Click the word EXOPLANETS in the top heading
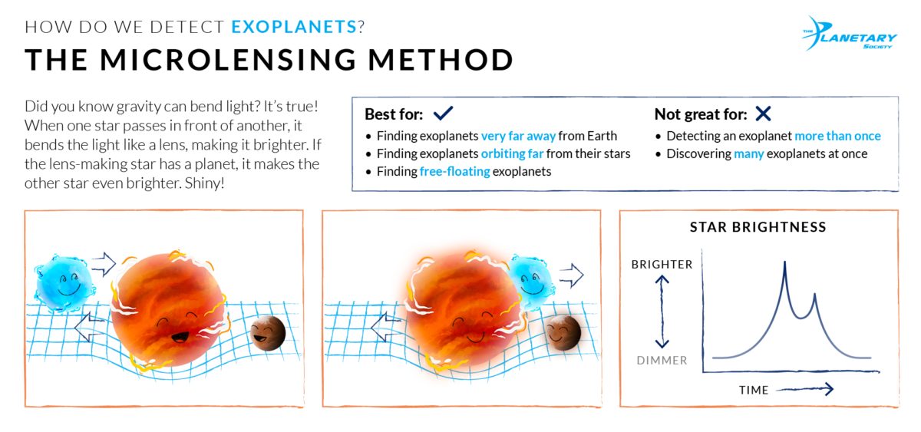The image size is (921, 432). pos(294,27)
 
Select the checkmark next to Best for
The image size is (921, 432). pos(443,114)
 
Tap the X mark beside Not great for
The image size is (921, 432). pos(762,114)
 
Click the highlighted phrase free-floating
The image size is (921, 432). pos(454,171)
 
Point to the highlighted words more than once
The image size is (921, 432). pos(837,136)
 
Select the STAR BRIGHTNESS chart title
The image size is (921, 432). pos(758,227)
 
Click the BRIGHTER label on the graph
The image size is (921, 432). pos(662,265)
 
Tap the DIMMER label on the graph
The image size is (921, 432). pos(662,360)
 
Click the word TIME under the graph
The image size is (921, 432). pos(754,390)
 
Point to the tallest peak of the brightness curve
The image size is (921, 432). pos(784,264)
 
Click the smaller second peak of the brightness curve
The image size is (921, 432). pos(814,295)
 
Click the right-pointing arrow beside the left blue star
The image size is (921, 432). pos(103,265)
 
